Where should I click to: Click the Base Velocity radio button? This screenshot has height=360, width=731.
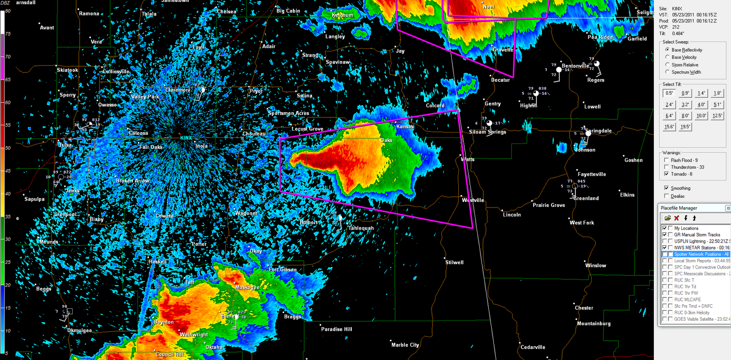tap(667, 57)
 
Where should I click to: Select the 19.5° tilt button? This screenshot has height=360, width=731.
tap(685, 127)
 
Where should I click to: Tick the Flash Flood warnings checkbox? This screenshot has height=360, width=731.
tap(667, 160)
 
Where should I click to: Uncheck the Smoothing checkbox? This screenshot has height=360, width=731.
tap(667, 188)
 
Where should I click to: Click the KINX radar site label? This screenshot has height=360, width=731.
tap(186, 138)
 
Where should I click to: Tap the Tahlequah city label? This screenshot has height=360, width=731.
tap(361, 228)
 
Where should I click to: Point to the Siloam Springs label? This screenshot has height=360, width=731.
tap(487, 132)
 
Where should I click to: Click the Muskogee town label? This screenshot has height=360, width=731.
tap(247, 287)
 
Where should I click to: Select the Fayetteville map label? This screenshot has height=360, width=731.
tap(592, 174)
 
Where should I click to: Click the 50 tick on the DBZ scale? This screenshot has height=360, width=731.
tap(8, 148)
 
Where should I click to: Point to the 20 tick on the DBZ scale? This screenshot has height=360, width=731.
tap(8, 285)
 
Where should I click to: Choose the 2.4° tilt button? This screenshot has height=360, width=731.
tap(669, 104)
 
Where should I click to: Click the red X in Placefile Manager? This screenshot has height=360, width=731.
tap(677, 218)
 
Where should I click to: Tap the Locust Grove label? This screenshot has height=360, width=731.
tap(307, 129)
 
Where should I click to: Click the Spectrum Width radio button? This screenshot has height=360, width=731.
tap(667, 72)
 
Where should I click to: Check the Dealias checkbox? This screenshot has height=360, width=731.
tap(667, 196)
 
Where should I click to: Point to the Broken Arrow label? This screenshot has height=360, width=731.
tap(132, 180)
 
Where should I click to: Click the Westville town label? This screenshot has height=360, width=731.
tap(473, 200)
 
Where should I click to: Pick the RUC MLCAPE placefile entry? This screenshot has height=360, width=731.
tap(687, 300)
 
